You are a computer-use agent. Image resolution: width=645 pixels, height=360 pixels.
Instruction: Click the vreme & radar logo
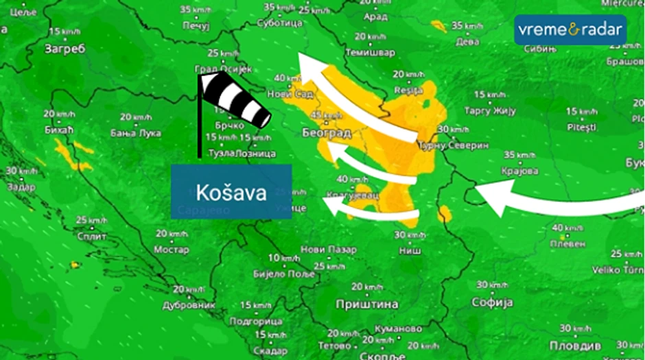click(x=570, y=30)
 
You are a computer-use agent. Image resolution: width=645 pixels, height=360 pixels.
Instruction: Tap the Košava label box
click(x=231, y=191)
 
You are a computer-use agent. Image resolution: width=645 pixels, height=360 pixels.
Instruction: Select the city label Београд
click(x=327, y=133)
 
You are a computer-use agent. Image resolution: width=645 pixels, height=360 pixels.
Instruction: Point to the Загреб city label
click(x=64, y=49)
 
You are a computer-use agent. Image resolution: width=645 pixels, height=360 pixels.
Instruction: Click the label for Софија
click(x=492, y=302)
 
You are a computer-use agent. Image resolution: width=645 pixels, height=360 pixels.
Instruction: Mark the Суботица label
click(x=279, y=23)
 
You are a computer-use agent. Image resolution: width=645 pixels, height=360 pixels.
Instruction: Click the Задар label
click(x=21, y=186)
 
